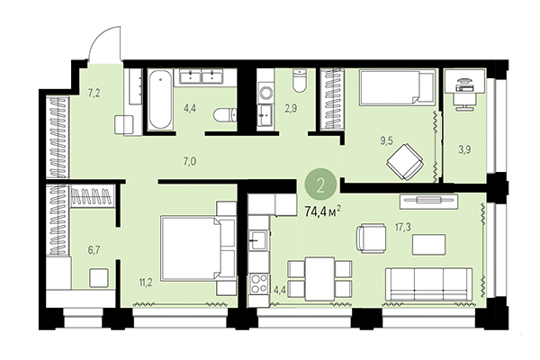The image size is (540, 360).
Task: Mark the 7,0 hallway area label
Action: pyautogui.click(x=189, y=161)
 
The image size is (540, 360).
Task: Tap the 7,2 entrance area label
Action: pyautogui.click(x=94, y=92)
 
